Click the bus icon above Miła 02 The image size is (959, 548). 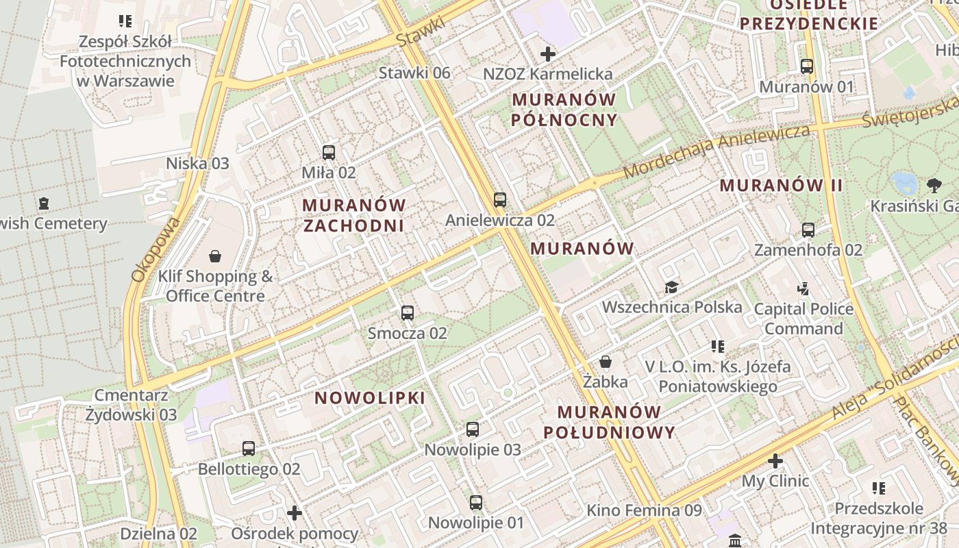click(329, 152)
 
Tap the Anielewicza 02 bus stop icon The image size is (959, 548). click(500, 200)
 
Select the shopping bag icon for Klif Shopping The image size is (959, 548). click(215, 256)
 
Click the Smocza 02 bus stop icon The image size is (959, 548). click(408, 313)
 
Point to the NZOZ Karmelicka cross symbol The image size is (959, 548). click(548, 53)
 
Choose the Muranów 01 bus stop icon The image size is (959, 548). click(807, 66)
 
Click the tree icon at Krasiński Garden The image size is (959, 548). click(934, 185)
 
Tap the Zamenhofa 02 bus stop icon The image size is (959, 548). click(808, 230)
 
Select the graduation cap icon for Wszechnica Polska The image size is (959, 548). click(671, 287)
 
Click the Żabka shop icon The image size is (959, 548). click(606, 361)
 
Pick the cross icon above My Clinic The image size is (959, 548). click(775, 461)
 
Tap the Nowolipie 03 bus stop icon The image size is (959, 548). click(473, 429)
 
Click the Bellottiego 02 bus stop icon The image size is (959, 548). click(249, 449)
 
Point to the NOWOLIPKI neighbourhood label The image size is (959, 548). click(370, 398)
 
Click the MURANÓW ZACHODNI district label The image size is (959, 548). click(354, 215)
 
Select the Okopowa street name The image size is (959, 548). click(155, 249)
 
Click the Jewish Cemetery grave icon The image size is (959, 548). click(45, 203)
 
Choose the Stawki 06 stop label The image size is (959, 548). click(414, 73)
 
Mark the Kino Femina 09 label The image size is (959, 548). click(644, 510)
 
